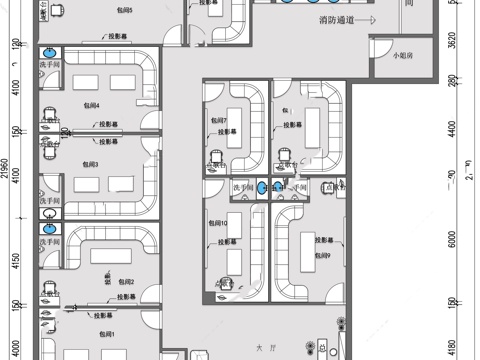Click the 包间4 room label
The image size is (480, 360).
(x=91, y=104)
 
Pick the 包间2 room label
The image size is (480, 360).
(x=126, y=284)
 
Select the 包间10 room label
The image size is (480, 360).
(x=219, y=222)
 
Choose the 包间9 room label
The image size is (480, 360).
(x=322, y=257)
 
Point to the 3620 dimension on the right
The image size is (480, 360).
(x=452, y=40)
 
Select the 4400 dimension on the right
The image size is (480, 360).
(x=452, y=129)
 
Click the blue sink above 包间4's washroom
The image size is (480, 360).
(x=48, y=54)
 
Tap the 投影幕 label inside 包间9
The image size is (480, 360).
(x=325, y=240)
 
